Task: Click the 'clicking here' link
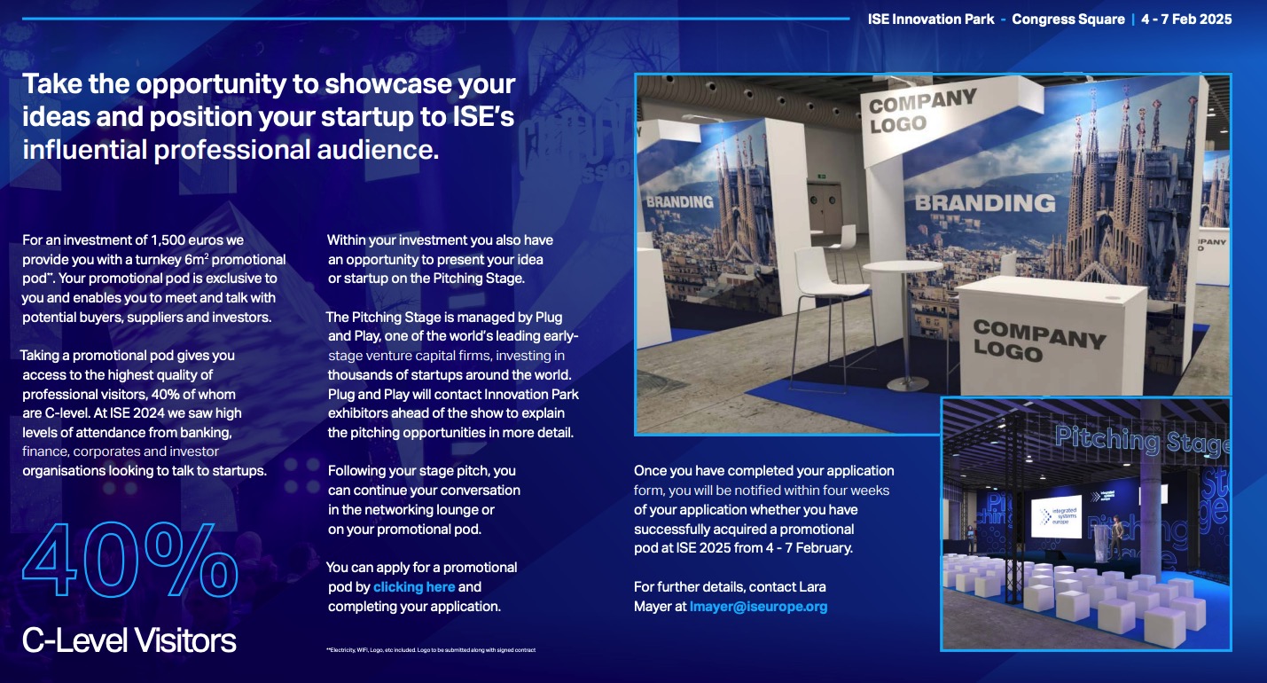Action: [x=414, y=587]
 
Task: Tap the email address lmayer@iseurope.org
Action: [x=758, y=608]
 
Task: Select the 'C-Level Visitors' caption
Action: [x=129, y=640]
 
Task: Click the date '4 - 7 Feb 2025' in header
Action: [x=1186, y=20]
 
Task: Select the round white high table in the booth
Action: [x=903, y=271]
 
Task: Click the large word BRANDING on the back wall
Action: [x=985, y=203]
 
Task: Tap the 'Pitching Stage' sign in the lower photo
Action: [x=1142, y=439]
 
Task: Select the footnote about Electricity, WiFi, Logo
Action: [x=431, y=651]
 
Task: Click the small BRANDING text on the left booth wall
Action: [x=679, y=201]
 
